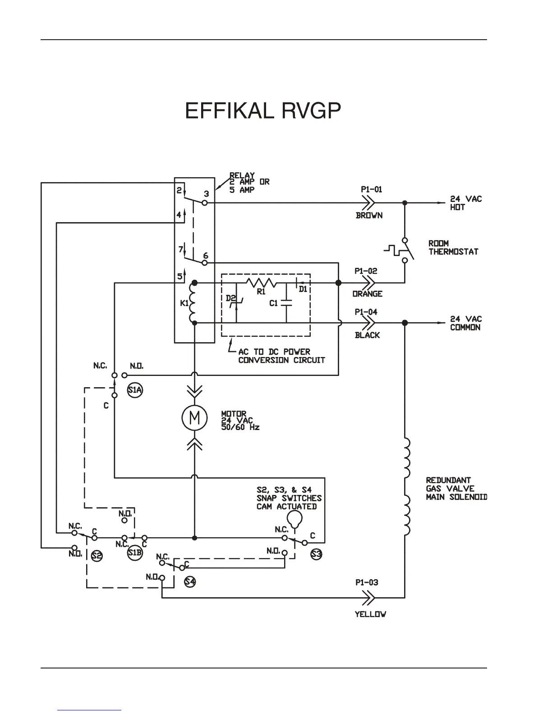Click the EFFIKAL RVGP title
click(x=263, y=111)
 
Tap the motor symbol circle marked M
click(x=194, y=418)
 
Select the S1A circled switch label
click(x=135, y=390)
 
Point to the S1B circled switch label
click(x=134, y=553)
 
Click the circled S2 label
click(x=97, y=556)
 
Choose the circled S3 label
click(x=316, y=554)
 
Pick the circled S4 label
click(x=190, y=581)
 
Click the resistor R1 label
click(x=261, y=292)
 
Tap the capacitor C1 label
click(x=274, y=303)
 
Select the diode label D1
click(x=303, y=289)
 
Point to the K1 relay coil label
click(x=184, y=303)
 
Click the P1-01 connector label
click(x=371, y=189)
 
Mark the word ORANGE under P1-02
click(x=368, y=294)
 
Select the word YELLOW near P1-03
click(x=370, y=614)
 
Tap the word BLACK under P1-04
click(x=368, y=335)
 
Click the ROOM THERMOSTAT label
click(x=453, y=247)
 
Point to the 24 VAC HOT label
click(x=466, y=203)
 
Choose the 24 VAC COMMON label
click(x=466, y=323)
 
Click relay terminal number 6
click(x=206, y=256)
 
